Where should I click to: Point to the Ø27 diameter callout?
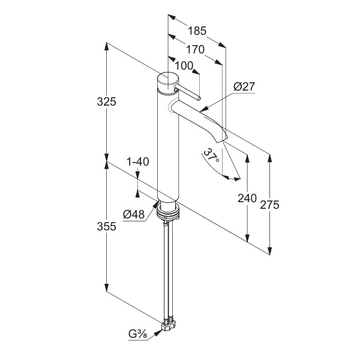244,87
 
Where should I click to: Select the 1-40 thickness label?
138,162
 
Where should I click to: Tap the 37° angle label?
210,157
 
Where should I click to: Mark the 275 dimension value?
270,205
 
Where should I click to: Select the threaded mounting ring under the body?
167,209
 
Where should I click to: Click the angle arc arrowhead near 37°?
226,177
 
